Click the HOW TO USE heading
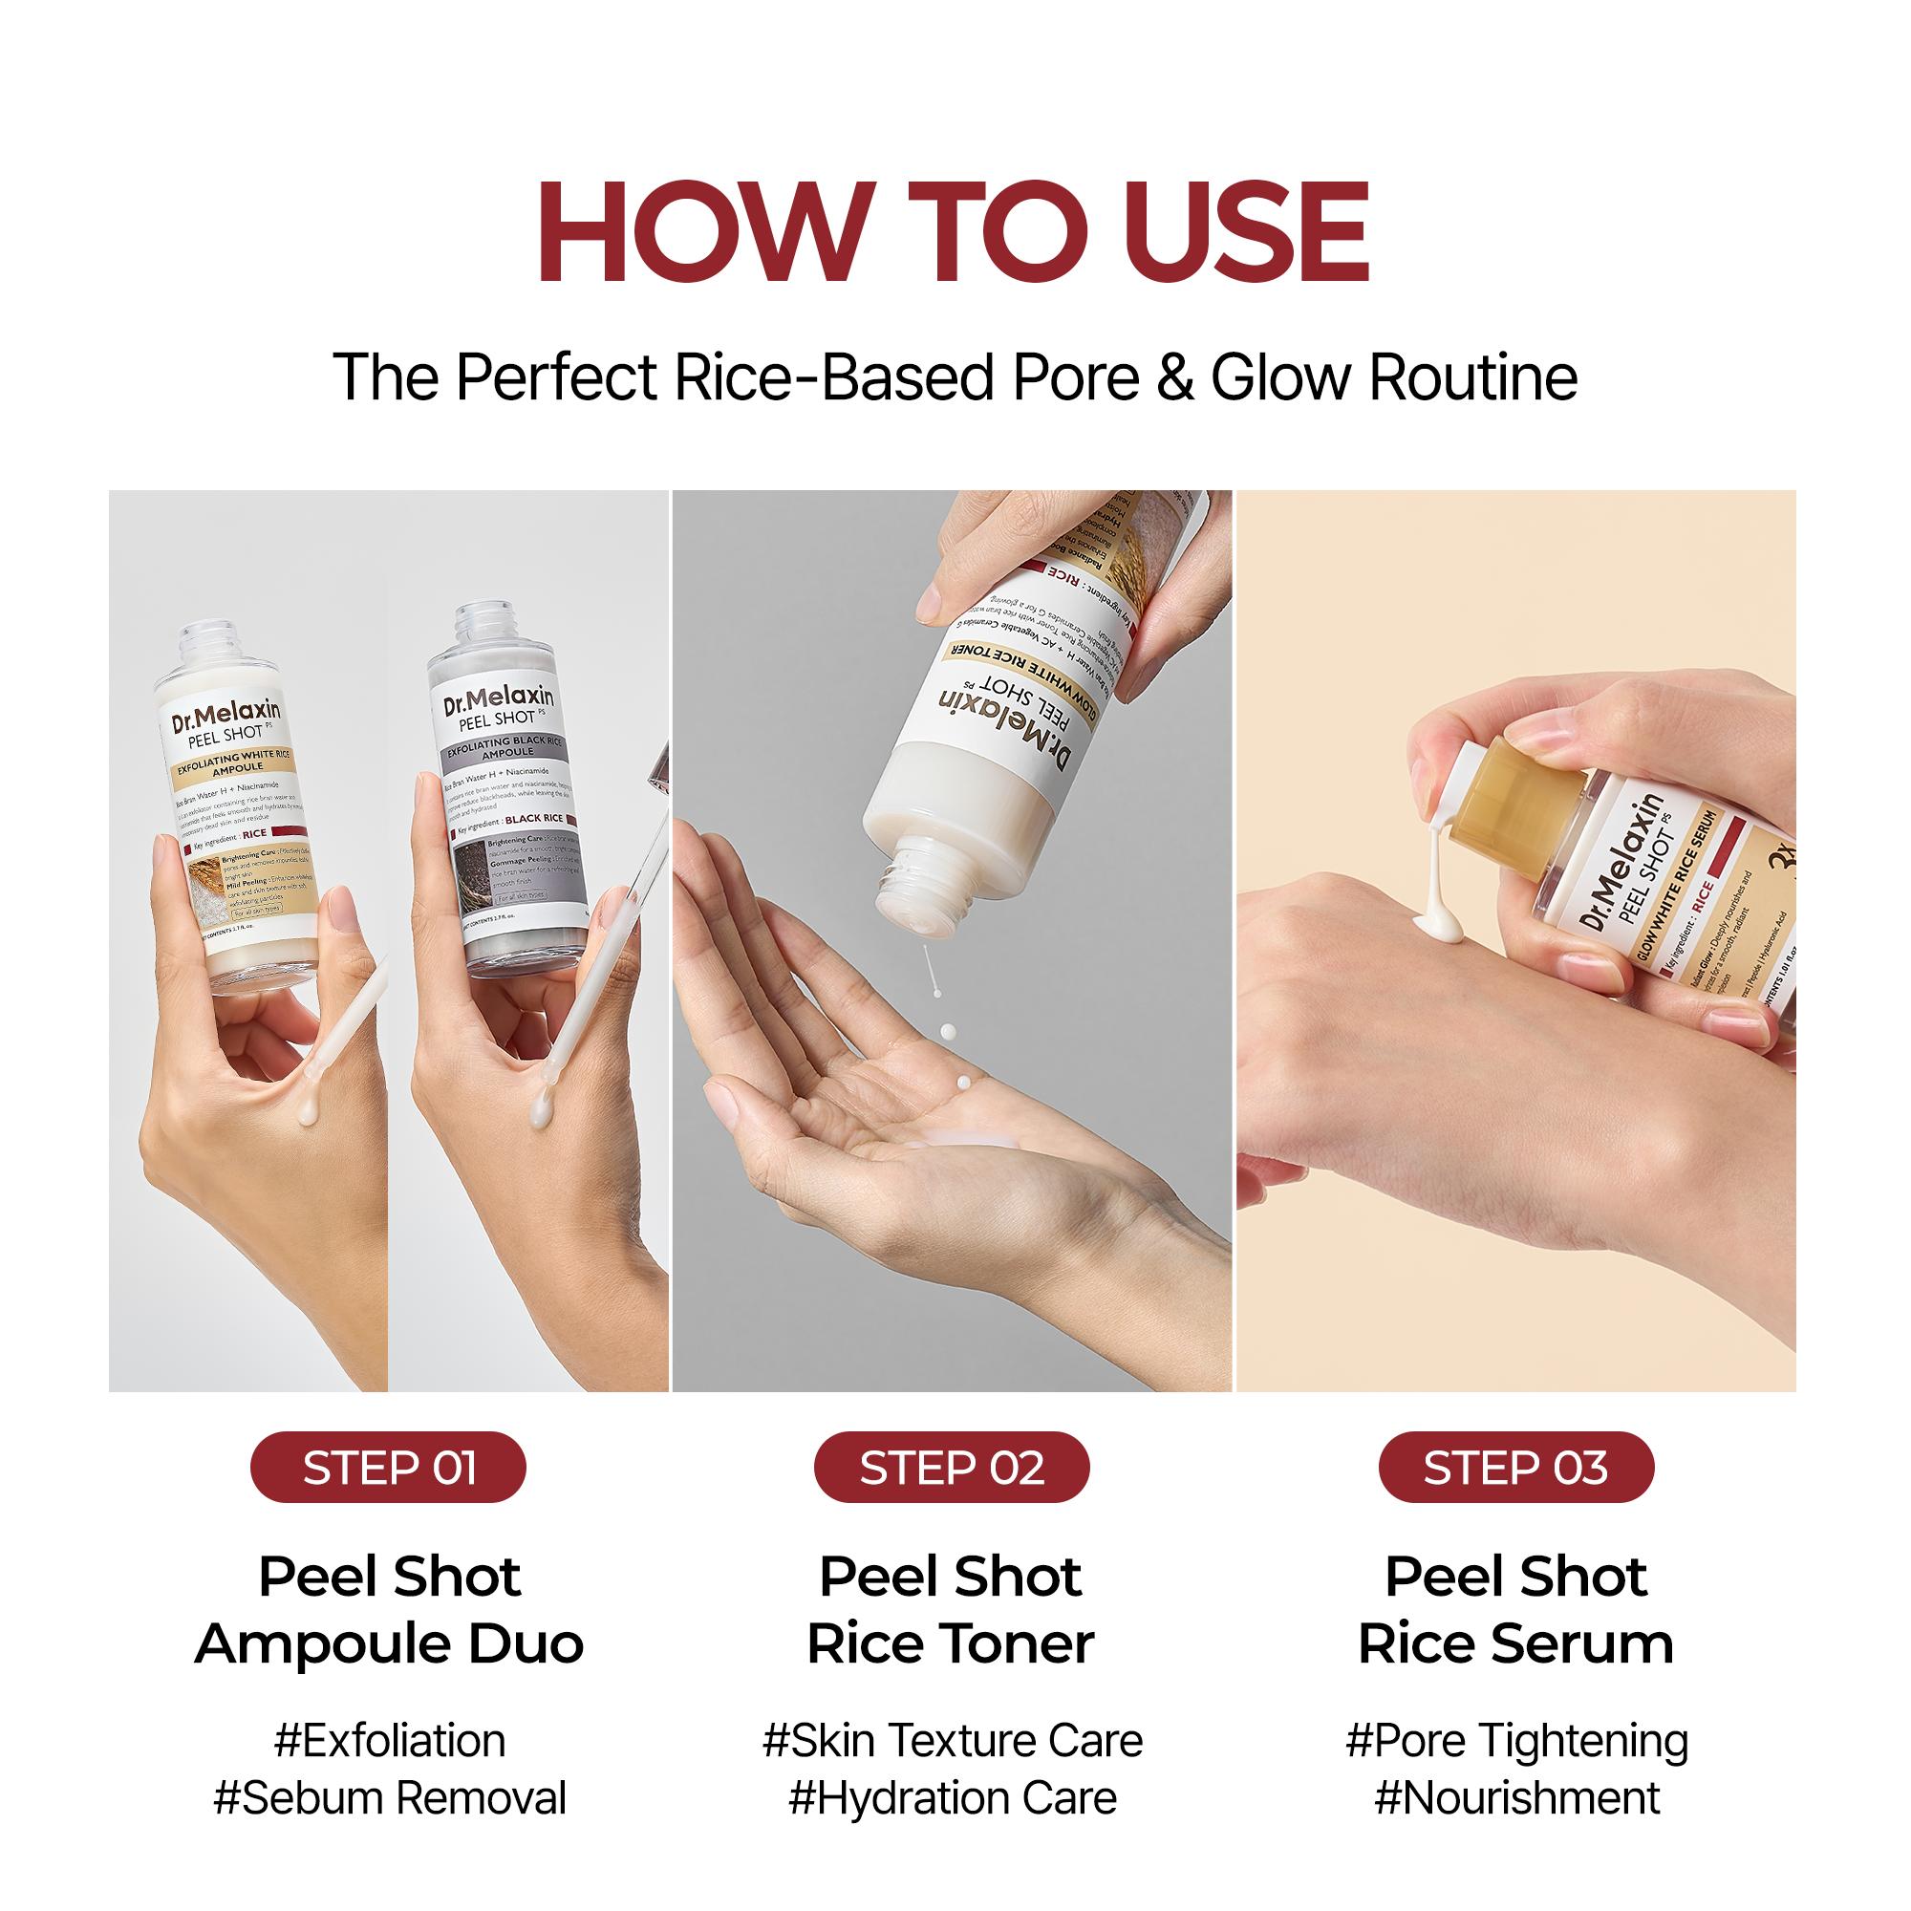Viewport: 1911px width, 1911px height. click(x=954, y=233)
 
